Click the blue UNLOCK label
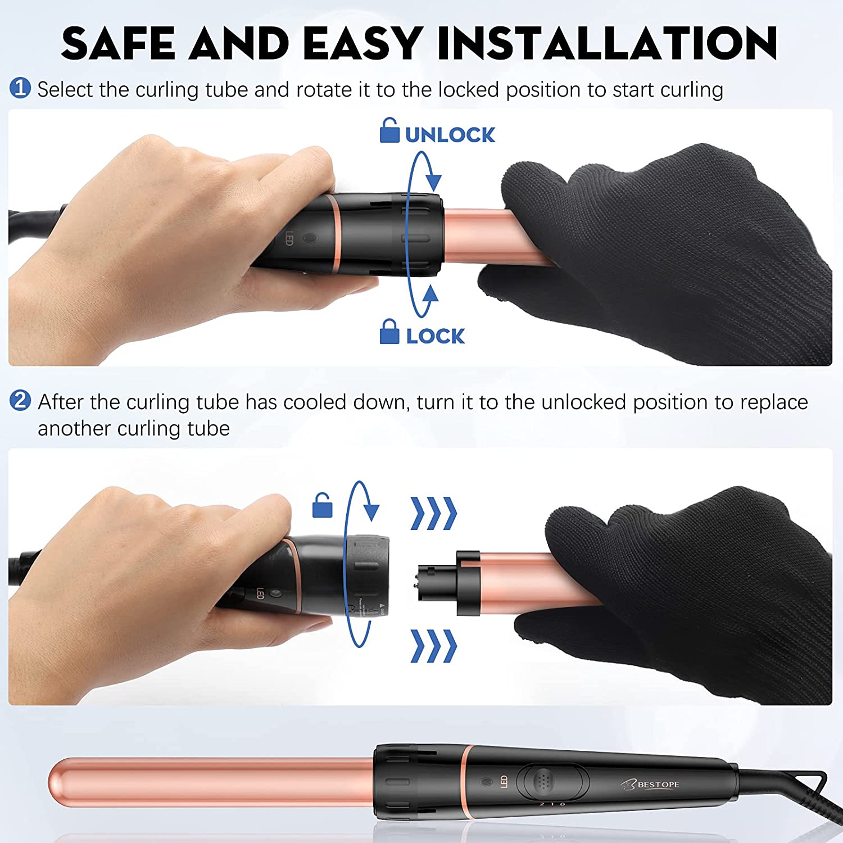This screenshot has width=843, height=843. click(450, 135)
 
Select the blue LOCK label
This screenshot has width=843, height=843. click(436, 336)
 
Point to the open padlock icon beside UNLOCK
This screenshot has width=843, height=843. click(389, 130)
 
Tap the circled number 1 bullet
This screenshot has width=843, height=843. click(20, 88)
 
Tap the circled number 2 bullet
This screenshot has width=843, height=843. click(20, 401)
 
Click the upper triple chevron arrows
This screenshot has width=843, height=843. click(434, 513)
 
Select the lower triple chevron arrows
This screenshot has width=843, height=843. click(434, 646)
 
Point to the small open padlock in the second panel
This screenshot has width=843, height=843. click(322, 505)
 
